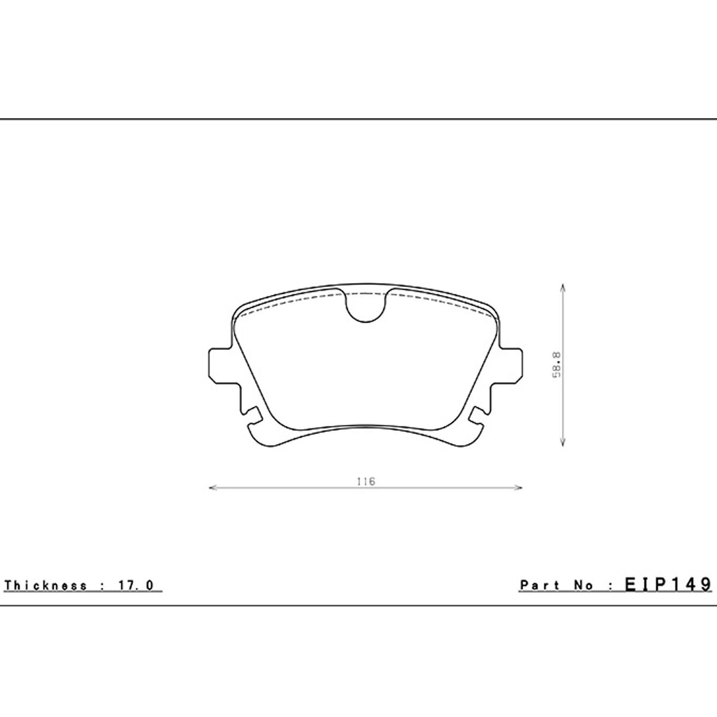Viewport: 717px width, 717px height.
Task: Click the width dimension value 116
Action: [366, 481]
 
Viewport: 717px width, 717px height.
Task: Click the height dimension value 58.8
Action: [557, 365]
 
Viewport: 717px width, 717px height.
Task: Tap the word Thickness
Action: [45, 586]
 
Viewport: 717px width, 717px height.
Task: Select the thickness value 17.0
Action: [136, 586]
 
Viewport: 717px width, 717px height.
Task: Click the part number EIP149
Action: [668, 584]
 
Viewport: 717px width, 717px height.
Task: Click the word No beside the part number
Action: [583, 586]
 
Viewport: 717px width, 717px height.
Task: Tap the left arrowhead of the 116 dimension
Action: [213, 488]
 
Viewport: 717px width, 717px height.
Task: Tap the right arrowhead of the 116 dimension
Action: [518, 488]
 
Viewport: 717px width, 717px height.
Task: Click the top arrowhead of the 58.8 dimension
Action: [563, 289]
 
